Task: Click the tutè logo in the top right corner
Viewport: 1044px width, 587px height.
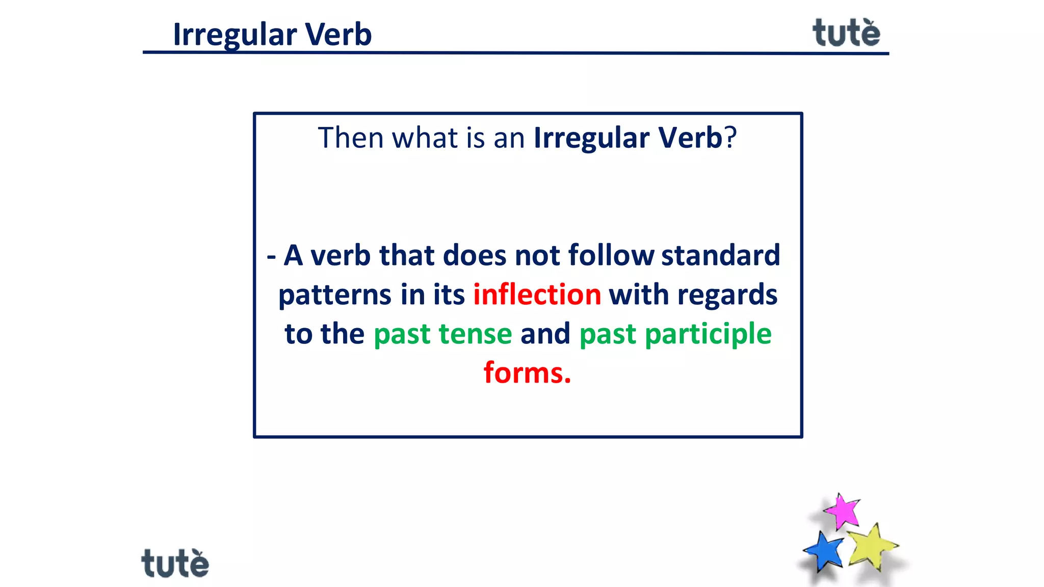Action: (x=846, y=33)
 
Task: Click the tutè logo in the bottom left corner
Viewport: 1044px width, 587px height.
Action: (x=175, y=563)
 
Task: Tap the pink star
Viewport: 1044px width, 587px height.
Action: (x=843, y=511)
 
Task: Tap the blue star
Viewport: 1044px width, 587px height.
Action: (x=824, y=551)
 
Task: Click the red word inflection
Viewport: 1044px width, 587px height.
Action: (x=537, y=295)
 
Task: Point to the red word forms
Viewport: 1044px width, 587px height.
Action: (x=527, y=373)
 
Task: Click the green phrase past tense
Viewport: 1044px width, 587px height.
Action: (x=442, y=334)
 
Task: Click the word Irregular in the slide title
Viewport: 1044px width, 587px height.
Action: (x=235, y=35)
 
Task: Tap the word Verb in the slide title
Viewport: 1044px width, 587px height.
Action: (x=338, y=35)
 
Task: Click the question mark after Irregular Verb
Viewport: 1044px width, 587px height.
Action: (x=731, y=138)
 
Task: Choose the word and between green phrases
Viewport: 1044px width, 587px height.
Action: (x=545, y=334)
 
